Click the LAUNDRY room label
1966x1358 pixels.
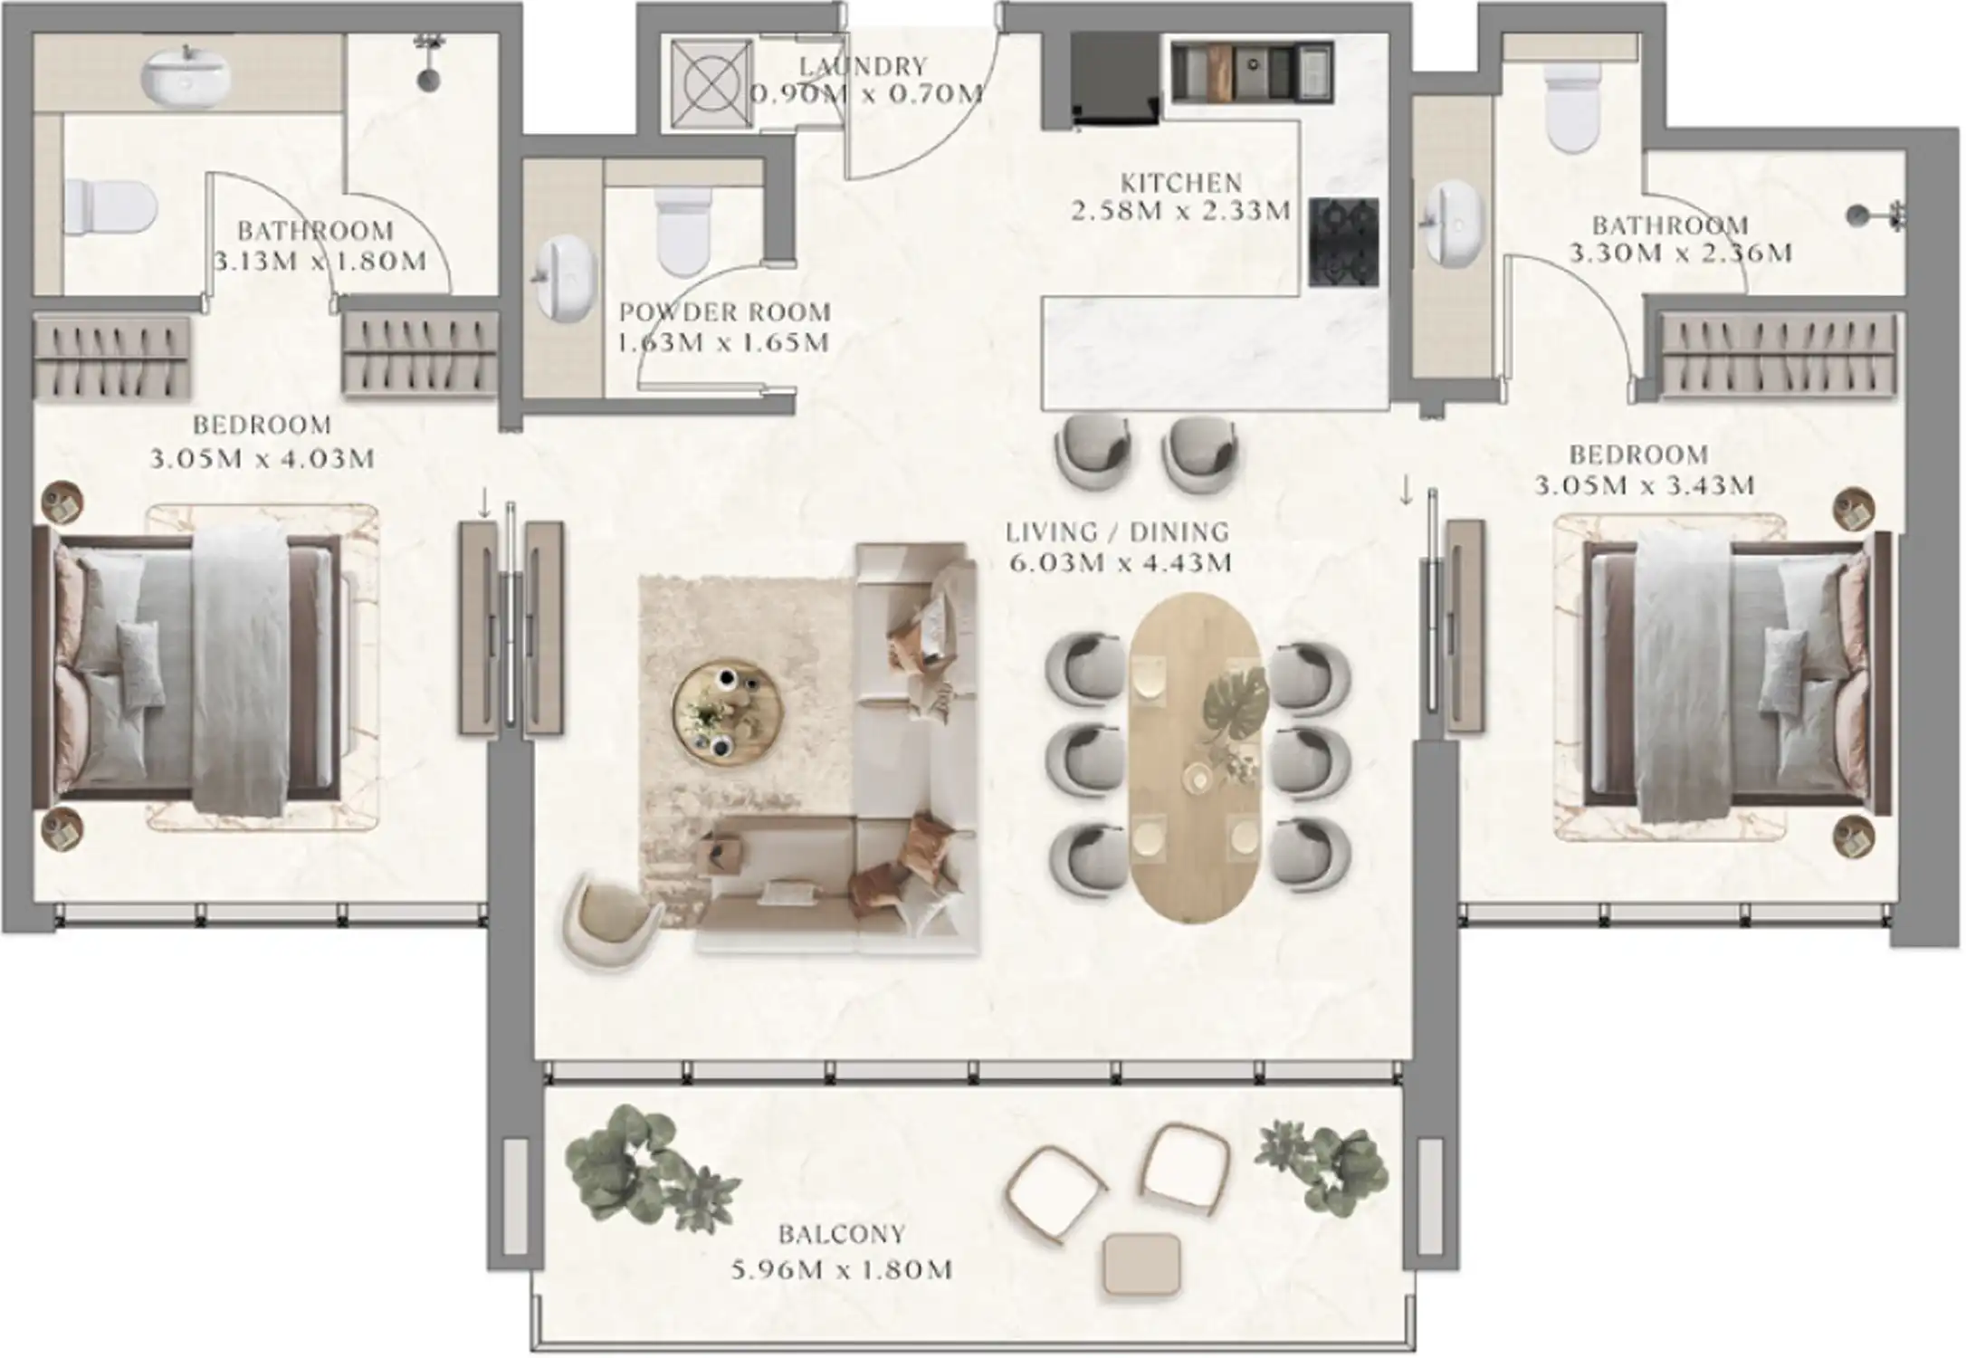pyautogui.click(x=863, y=66)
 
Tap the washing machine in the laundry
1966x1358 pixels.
pyautogui.click(x=711, y=84)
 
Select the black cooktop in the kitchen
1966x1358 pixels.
pyautogui.click(x=1343, y=243)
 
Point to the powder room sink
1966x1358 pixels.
pyautogui.click(x=568, y=279)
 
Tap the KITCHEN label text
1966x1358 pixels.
pyautogui.click(x=1180, y=183)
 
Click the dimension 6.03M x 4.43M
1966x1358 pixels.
pyautogui.click(x=1121, y=563)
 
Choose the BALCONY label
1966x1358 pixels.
pyautogui.click(x=842, y=1234)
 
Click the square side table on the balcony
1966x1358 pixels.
pyautogui.click(x=1142, y=1264)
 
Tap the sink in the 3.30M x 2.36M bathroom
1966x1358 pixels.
pyautogui.click(x=1453, y=224)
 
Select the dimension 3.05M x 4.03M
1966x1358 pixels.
pyautogui.click(x=262, y=459)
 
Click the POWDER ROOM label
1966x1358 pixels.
pyautogui.click(x=724, y=312)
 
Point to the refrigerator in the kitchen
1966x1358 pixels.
pyautogui.click(x=1115, y=79)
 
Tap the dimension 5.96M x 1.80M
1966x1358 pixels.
pyautogui.click(x=842, y=1269)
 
